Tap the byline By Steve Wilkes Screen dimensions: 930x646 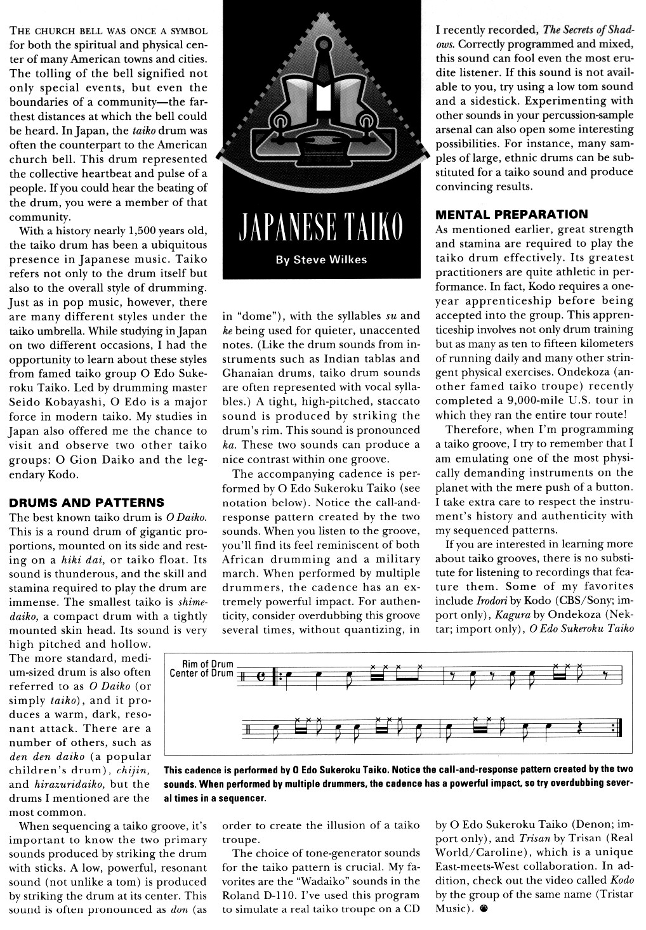coord(320,259)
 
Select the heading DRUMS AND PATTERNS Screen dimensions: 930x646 coord(86,503)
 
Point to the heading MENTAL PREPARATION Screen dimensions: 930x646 coord(511,214)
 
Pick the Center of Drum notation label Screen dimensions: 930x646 coord(202,673)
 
